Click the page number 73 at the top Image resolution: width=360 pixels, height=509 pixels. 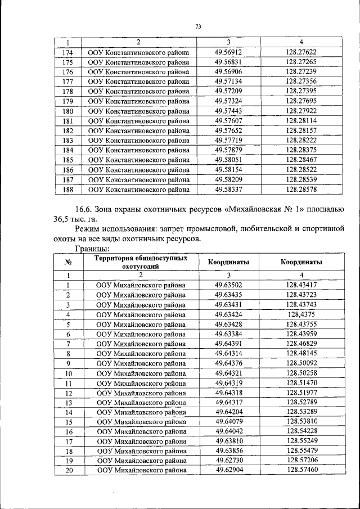click(x=198, y=26)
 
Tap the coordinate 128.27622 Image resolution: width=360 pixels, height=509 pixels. click(x=301, y=52)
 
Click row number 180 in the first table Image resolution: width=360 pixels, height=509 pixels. click(x=67, y=111)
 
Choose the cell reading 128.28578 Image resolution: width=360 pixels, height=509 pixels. click(x=301, y=189)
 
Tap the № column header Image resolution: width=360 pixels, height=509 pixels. click(x=67, y=262)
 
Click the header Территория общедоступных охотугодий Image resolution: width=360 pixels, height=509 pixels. click(x=141, y=262)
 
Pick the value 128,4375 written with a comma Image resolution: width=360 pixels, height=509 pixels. click(x=301, y=314)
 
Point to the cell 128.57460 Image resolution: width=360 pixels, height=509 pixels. click(x=301, y=470)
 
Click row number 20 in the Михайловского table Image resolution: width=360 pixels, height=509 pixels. click(x=67, y=470)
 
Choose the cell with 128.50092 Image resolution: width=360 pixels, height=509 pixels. click(x=301, y=363)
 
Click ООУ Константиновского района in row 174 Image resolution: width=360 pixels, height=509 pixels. click(x=138, y=52)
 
